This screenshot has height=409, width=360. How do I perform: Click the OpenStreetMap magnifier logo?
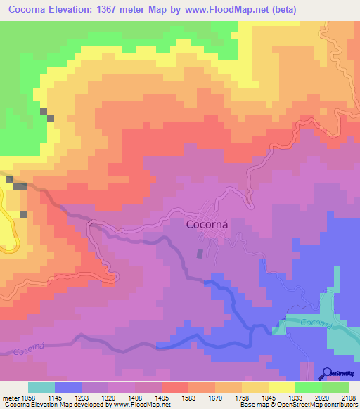[x=327, y=373]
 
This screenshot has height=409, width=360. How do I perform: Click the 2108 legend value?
[x=349, y=398]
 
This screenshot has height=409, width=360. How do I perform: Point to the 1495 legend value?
[x=162, y=398]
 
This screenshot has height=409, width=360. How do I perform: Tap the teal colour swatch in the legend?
[x=41, y=387]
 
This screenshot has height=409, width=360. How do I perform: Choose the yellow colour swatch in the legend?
[x=281, y=387]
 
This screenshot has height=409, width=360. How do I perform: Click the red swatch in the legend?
[x=174, y=387]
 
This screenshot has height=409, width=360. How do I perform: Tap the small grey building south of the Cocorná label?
[x=200, y=254]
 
